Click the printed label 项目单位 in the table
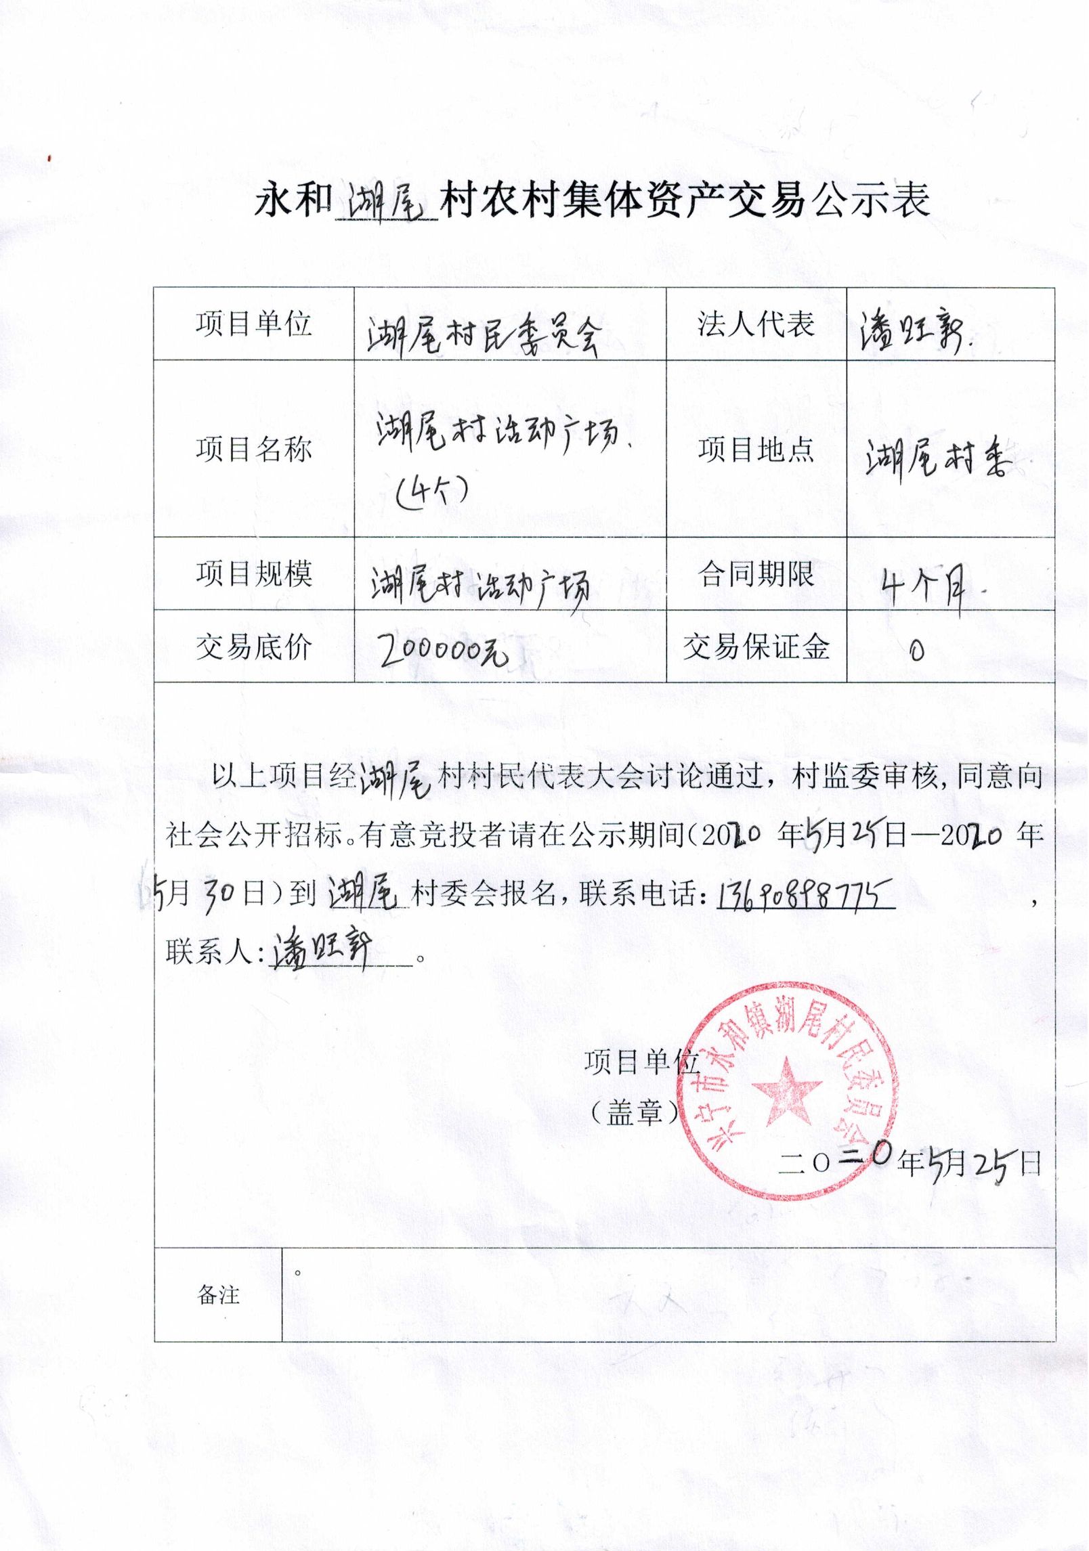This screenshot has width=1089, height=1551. tap(254, 324)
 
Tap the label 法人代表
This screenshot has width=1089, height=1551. tap(756, 324)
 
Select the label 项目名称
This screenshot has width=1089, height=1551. tap(254, 449)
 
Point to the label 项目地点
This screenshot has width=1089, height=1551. tap(756, 449)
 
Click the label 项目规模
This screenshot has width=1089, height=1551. tap(254, 574)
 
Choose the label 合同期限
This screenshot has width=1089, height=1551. tap(756, 574)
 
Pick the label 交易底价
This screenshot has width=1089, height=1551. tap(254, 647)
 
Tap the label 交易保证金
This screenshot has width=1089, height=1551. tap(756, 647)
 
